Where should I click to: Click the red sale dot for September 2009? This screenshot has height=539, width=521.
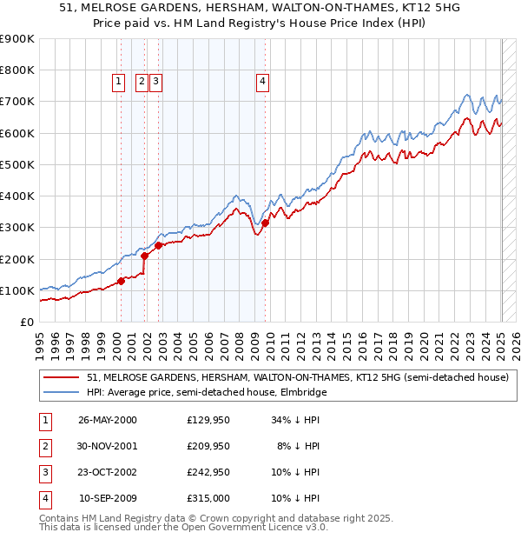point(266,223)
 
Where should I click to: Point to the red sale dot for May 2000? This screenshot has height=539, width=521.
point(122,280)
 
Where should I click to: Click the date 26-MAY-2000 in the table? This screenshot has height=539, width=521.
point(107,420)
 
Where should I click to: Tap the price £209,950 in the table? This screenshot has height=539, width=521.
point(208,446)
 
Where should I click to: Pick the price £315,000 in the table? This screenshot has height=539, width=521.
point(208,498)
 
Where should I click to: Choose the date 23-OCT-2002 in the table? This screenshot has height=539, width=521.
point(107,472)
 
